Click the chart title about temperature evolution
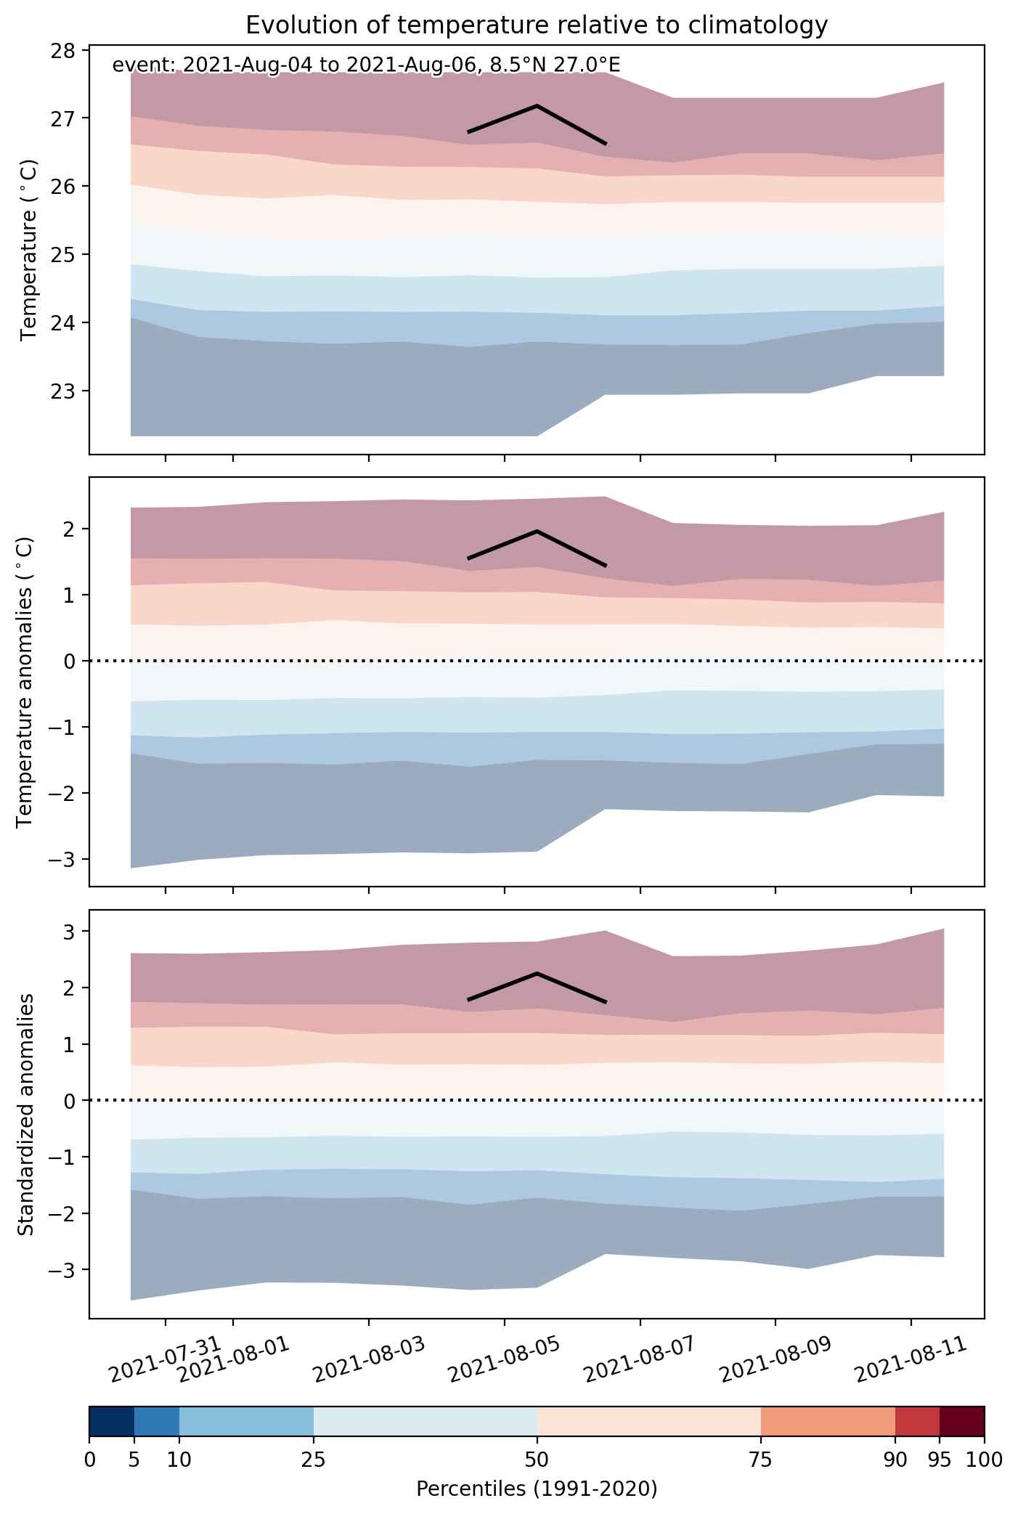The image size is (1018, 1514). pos(537,25)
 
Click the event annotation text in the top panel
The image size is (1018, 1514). pos(366,65)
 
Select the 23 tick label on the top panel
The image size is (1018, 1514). pos(65,391)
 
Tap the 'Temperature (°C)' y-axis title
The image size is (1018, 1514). pos(28,251)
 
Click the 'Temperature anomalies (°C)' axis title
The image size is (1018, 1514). pos(25,682)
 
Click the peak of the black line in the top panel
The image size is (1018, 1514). pos(537,106)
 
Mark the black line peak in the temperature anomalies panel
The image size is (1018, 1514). pos(537,532)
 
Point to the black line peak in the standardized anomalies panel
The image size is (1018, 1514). pos(537,973)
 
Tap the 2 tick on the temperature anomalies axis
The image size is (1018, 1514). pos(70,529)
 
